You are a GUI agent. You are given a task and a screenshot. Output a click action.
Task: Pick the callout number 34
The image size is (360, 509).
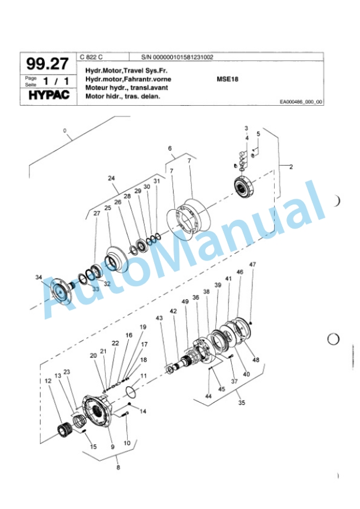tap(38, 277)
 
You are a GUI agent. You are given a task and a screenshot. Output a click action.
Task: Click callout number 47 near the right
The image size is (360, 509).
tap(252, 265)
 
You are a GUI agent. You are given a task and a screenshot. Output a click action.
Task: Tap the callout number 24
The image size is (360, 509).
tap(111, 177)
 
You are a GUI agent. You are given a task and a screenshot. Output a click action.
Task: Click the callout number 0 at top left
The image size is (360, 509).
tap(65, 130)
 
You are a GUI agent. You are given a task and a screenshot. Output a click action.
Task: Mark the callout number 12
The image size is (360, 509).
tap(48, 380)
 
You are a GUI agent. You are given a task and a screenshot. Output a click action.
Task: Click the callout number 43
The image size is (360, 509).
tap(159, 318)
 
